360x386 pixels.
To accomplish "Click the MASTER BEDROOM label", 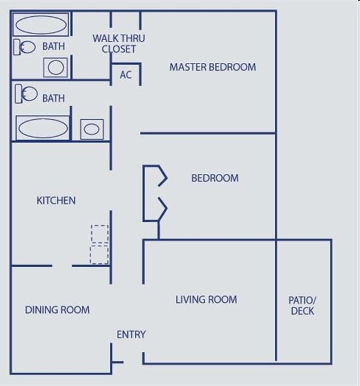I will click(x=212, y=67).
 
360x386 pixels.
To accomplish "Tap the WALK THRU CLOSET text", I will click(x=119, y=44).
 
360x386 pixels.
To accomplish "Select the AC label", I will click(x=125, y=75).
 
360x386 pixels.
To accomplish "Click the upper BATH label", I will click(x=53, y=46).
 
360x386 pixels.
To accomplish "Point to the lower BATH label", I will click(x=53, y=98).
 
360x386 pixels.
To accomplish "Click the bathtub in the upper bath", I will click(x=41, y=26).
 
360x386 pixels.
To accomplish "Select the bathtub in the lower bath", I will click(x=42, y=128).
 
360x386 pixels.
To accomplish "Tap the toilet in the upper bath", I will click(x=26, y=47).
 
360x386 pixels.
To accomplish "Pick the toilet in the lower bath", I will click(x=26, y=94).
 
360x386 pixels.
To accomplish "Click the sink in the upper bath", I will click(x=56, y=67).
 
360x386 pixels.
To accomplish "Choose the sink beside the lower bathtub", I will click(x=92, y=129).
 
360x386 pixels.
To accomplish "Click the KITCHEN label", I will click(x=56, y=200).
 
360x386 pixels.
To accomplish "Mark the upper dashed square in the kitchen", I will click(x=100, y=234).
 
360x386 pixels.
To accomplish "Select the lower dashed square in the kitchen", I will click(x=100, y=254).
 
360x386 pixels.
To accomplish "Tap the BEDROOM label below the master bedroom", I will click(x=215, y=178).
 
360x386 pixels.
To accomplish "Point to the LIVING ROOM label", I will click(x=206, y=299).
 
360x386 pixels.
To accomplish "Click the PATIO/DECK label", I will click(x=302, y=305).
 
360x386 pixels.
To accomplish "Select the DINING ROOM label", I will click(x=57, y=310).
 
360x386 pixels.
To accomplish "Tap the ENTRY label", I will click(x=131, y=334).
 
